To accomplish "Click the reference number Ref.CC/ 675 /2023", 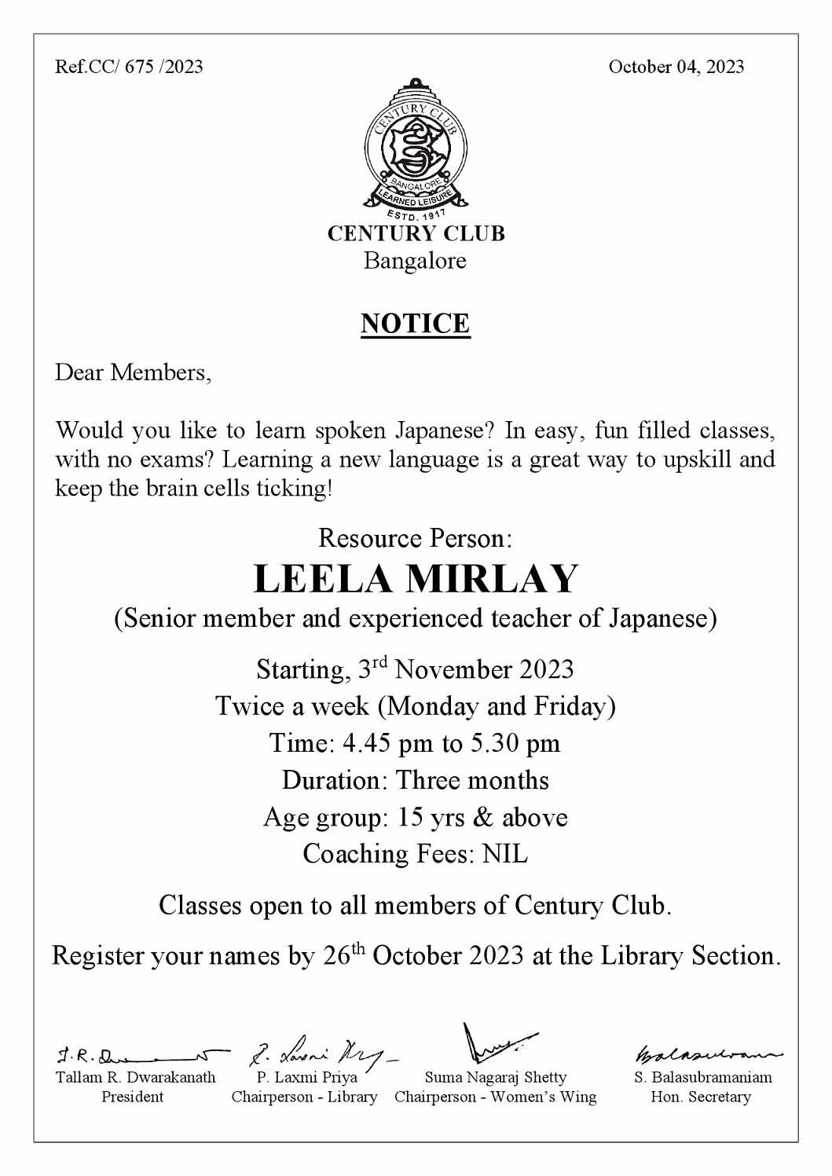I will point(129,67).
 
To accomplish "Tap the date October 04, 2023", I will point(676,67).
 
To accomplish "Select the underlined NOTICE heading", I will point(415,324).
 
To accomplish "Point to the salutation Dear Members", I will point(133,372).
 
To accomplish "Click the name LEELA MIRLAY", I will point(415,579).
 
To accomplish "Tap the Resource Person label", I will point(415,539).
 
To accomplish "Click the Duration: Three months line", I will point(415,781).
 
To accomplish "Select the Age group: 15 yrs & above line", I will point(415,818).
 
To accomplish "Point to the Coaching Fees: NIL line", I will point(415,854).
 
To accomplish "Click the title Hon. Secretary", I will point(701,1097).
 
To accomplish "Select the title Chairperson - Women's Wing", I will point(495,1097).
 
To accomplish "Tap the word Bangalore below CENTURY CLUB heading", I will point(415,261).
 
